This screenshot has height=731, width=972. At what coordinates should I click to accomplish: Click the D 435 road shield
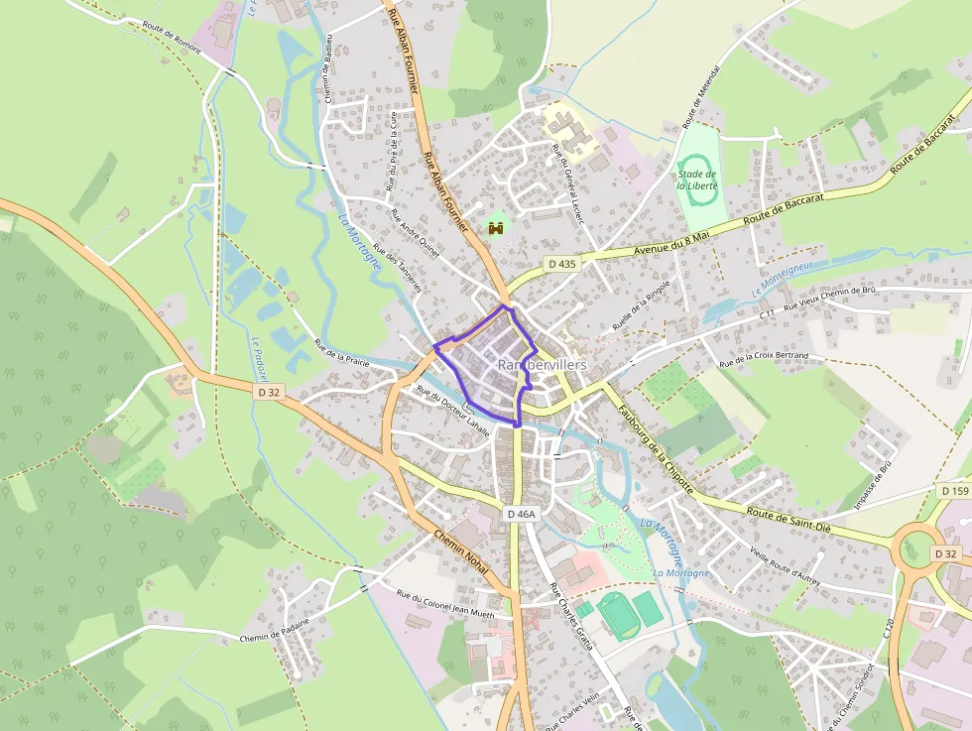click(561, 264)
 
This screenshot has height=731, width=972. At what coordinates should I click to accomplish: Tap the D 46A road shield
click(521, 514)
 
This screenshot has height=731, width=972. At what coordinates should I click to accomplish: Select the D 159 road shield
click(954, 491)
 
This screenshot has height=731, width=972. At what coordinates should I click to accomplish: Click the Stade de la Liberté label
click(697, 180)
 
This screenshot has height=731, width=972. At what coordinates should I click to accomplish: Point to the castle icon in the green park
click(496, 228)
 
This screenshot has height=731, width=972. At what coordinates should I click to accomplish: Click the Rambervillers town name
click(542, 365)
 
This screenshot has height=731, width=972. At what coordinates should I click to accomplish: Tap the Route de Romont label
click(171, 38)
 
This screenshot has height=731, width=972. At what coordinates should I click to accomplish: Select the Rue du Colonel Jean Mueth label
click(444, 604)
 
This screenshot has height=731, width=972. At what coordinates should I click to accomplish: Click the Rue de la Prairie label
click(341, 353)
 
